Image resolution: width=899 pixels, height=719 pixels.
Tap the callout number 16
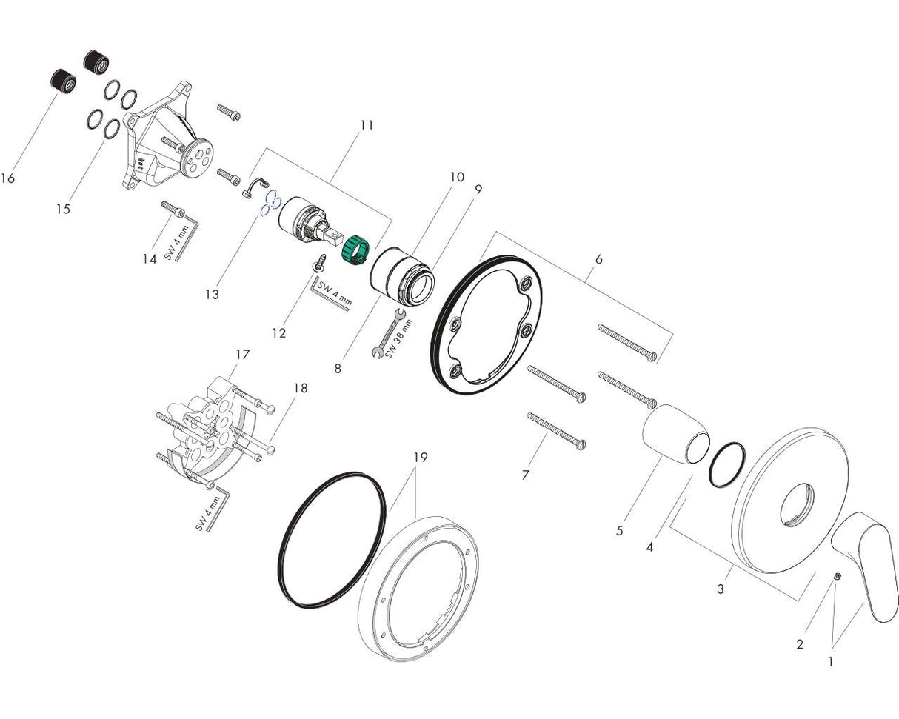click(8, 178)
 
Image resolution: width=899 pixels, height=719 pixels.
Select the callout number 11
click(367, 125)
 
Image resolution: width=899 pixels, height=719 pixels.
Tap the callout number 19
click(420, 457)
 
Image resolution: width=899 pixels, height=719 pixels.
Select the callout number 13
click(212, 294)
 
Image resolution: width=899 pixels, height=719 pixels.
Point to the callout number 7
click(525, 475)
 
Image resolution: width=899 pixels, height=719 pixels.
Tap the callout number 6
click(598, 259)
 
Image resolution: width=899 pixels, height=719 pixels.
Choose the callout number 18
click(300, 387)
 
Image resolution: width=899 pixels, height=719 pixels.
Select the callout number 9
click(478, 189)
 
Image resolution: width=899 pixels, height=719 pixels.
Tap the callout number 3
click(721, 589)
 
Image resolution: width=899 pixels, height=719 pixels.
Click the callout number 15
click(63, 209)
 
